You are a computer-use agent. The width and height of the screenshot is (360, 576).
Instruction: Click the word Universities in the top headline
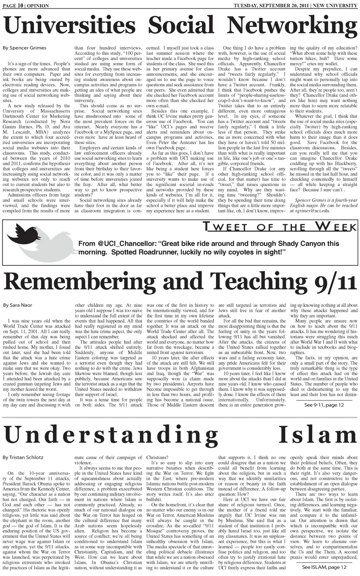click(x=70, y=25)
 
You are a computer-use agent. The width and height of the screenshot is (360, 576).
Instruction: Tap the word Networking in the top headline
click(x=292, y=25)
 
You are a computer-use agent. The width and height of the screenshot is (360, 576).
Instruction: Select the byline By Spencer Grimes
click(x=25, y=48)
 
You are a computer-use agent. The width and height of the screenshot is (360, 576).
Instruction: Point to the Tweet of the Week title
click(x=279, y=227)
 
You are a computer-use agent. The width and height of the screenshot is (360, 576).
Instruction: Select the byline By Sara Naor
click(x=18, y=305)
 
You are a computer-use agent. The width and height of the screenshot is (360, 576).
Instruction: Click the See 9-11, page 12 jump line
click(x=324, y=405)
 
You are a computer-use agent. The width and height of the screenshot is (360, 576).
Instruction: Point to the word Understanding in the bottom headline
click(x=111, y=435)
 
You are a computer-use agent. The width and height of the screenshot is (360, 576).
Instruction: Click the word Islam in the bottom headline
click(x=318, y=435)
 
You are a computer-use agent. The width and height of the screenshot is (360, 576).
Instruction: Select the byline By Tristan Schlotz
click(x=23, y=457)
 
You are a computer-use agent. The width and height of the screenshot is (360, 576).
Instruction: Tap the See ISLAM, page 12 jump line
click(x=324, y=567)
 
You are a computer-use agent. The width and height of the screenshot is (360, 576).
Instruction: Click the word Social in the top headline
click(x=181, y=25)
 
